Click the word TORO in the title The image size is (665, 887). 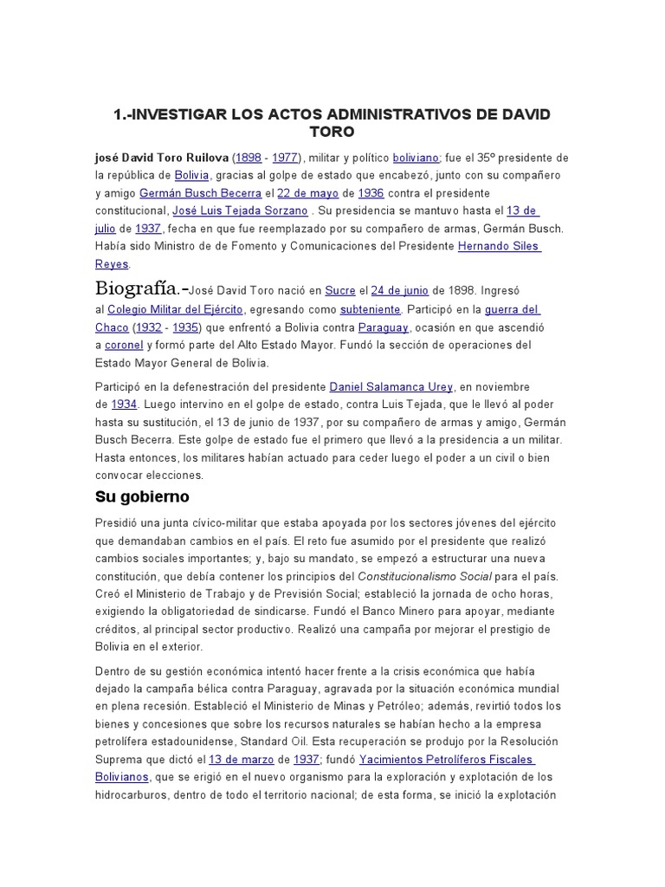coord(332,133)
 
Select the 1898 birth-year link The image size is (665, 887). coord(249,159)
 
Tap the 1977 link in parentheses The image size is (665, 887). coord(286,159)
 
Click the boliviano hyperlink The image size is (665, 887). coord(416,159)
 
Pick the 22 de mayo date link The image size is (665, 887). coord(305,193)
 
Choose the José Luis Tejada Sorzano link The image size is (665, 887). coord(240,210)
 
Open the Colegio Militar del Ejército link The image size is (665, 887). coord(176,309)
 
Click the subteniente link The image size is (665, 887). coord(370,309)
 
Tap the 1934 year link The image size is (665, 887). coord(123,404)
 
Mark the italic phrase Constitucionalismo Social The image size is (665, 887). coord(429,576)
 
